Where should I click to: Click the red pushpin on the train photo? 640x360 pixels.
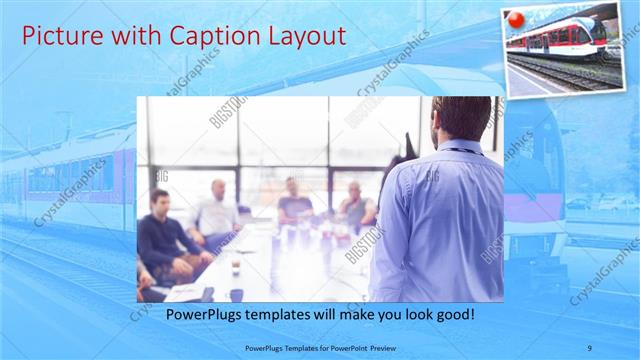pyautogui.click(x=517, y=20)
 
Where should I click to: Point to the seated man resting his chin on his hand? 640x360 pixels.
pyautogui.click(x=355, y=204)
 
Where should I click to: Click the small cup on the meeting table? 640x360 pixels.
pyautogui.click(x=236, y=267)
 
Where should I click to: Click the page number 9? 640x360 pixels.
pyautogui.click(x=591, y=348)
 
